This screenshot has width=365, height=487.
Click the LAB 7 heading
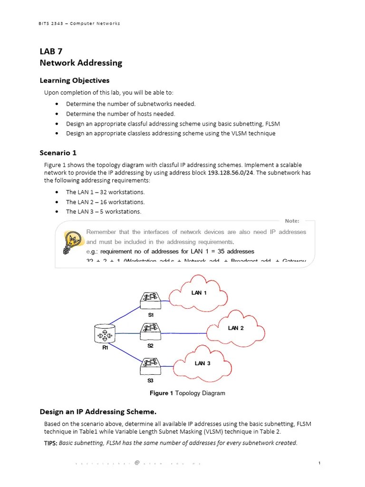51,52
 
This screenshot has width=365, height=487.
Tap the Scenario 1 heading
58,153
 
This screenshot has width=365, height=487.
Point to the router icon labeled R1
105,334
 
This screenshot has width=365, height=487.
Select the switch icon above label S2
151,330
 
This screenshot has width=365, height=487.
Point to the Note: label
292,221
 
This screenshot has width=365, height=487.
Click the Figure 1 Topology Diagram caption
187,393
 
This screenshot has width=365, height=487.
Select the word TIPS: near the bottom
50,443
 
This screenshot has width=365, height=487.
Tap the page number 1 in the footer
320,463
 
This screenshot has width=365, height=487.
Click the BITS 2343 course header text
79,23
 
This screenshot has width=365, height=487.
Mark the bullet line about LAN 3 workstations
103,212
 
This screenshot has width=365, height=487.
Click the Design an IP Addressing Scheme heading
98,411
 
